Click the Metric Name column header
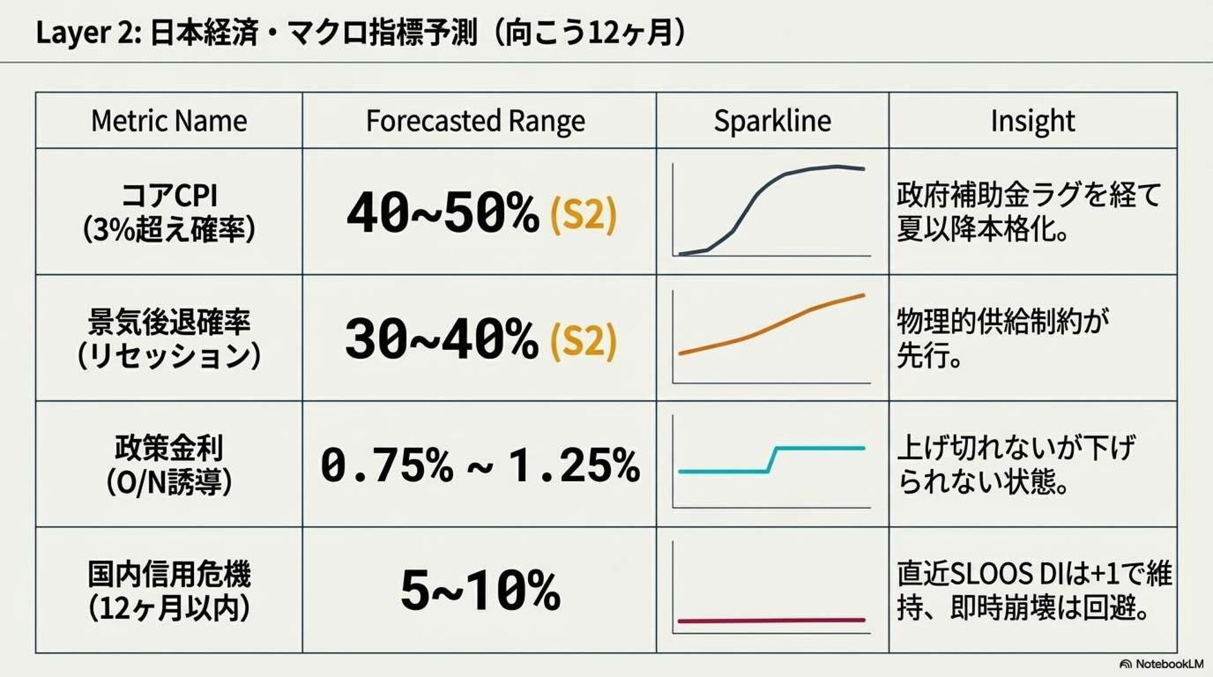click(169, 121)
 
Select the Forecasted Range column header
click(475, 121)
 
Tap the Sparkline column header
click(772, 121)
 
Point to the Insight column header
click(1032, 121)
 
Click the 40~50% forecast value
click(442, 213)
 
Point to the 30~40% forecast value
click(441, 339)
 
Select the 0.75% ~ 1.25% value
click(480, 465)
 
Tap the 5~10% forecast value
click(480, 590)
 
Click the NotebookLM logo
click(1161, 664)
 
